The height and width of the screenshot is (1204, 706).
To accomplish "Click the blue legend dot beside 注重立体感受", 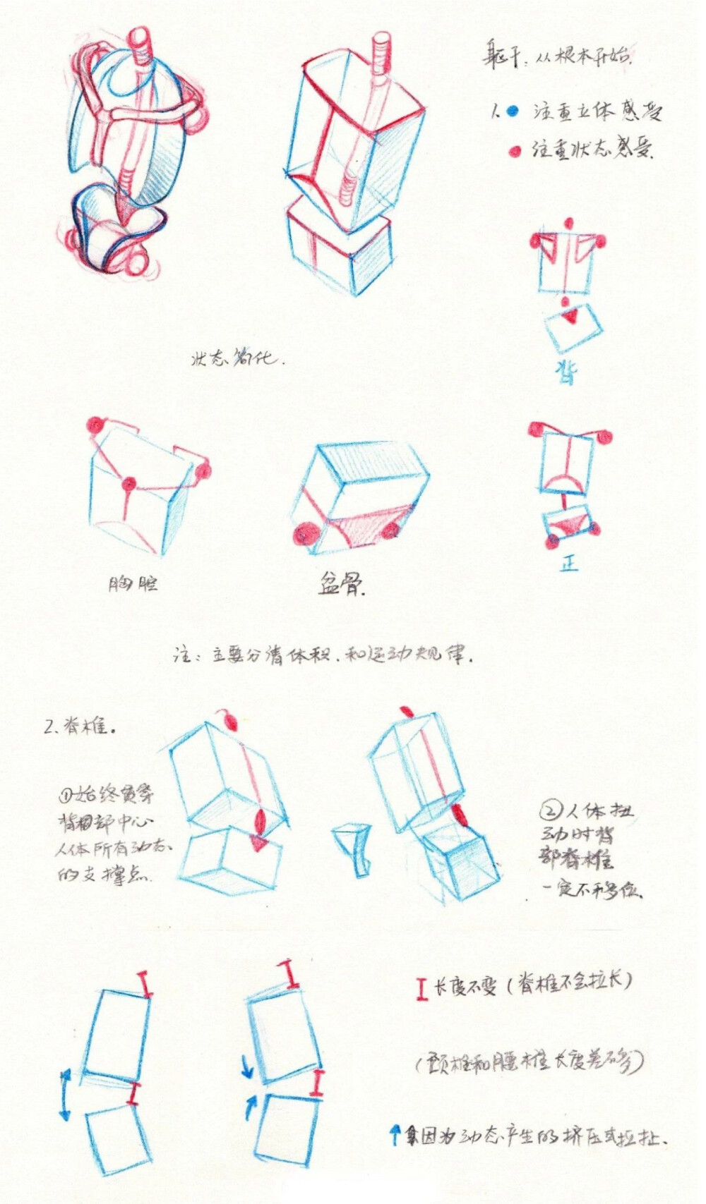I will tap(513, 111).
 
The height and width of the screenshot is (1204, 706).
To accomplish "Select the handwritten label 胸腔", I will tap(133, 583).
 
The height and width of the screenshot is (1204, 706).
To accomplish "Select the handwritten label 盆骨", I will tap(341, 584).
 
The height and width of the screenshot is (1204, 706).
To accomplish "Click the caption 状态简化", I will tap(237, 358).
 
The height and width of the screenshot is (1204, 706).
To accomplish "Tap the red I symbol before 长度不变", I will tap(421, 988).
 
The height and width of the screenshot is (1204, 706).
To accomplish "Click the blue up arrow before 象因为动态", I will tap(395, 1135).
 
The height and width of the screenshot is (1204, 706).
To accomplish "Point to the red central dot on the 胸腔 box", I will tap(128, 484).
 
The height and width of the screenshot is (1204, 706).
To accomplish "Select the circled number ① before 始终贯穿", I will tap(66, 795).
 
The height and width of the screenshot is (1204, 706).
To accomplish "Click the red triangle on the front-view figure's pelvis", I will tap(569, 524).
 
